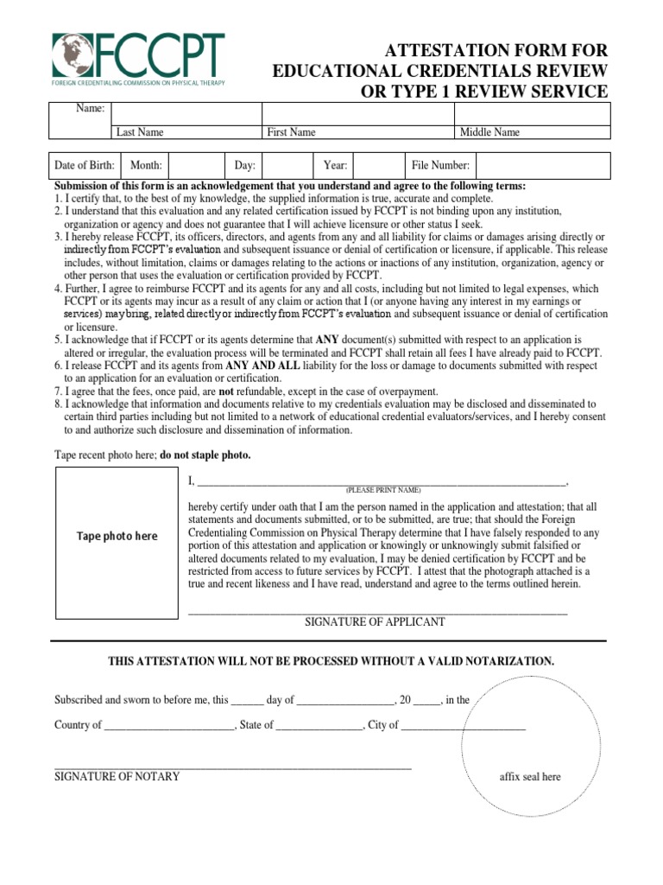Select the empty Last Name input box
[x=186, y=113]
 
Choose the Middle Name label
[x=489, y=132]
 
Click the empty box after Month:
[x=198, y=165]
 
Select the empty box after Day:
[x=287, y=165]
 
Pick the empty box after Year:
[x=377, y=165]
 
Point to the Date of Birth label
[x=85, y=165]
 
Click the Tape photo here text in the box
[x=117, y=536]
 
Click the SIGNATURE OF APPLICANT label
[x=376, y=621]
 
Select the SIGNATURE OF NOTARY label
[x=117, y=776]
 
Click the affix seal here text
[x=530, y=776]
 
